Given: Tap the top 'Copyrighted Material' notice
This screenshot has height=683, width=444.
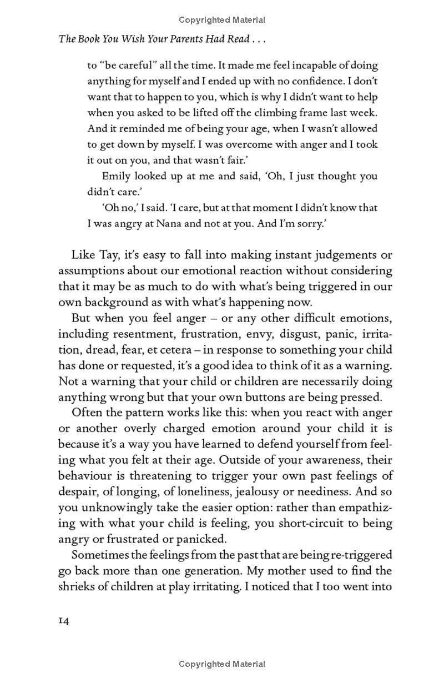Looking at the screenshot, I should (222, 20).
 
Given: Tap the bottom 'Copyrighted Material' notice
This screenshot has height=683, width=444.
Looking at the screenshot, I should (222, 664).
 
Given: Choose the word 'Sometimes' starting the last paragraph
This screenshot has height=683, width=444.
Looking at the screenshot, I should (97, 555).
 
